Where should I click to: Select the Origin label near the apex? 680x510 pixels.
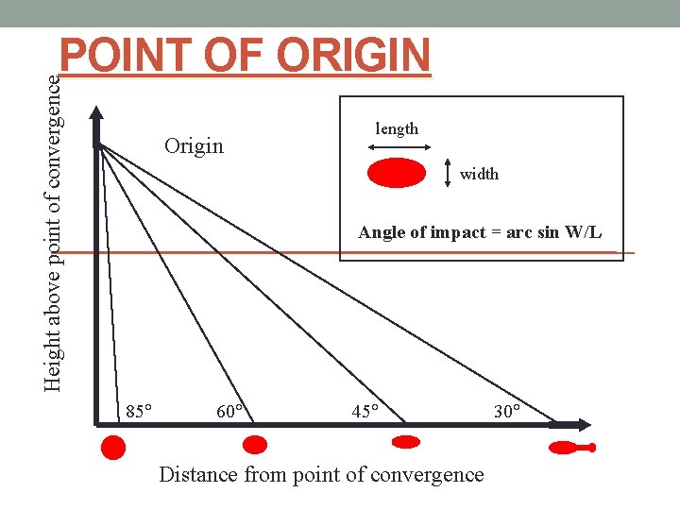pyautogui.click(x=194, y=145)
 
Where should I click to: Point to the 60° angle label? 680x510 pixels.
pyautogui.click(x=231, y=411)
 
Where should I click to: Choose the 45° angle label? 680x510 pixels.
pyautogui.click(x=365, y=411)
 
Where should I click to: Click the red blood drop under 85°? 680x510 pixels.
pyautogui.click(x=113, y=447)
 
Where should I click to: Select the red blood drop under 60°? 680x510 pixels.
pyautogui.click(x=255, y=445)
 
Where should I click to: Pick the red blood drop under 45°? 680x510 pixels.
pyautogui.click(x=406, y=441)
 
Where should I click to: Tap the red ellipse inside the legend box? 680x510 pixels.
pyautogui.click(x=397, y=174)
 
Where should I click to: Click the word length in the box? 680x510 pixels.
pyautogui.click(x=397, y=128)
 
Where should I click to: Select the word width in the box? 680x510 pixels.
pyautogui.click(x=479, y=174)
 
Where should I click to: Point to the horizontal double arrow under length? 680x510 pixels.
pyautogui.click(x=398, y=146)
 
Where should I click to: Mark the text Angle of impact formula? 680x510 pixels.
pyautogui.click(x=480, y=232)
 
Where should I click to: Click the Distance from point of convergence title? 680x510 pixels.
pyautogui.click(x=321, y=474)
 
